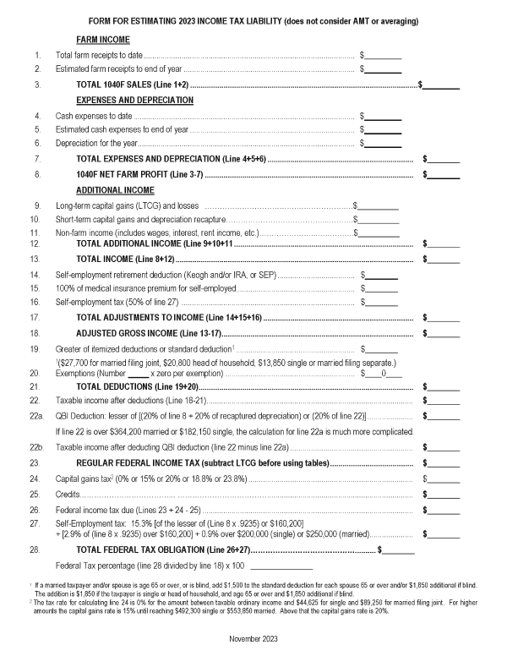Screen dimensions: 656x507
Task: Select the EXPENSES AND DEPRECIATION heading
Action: pyautogui.click(x=134, y=100)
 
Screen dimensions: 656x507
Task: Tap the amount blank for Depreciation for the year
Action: pyautogui.click(x=383, y=144)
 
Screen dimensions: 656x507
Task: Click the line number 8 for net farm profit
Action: pyautogui.click(x=37, y=174)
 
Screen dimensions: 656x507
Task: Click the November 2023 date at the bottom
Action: pyautogui.click(x=253, y=638)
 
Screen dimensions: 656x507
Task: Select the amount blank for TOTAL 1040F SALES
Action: pyautogui.click(x=441, y=85)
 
